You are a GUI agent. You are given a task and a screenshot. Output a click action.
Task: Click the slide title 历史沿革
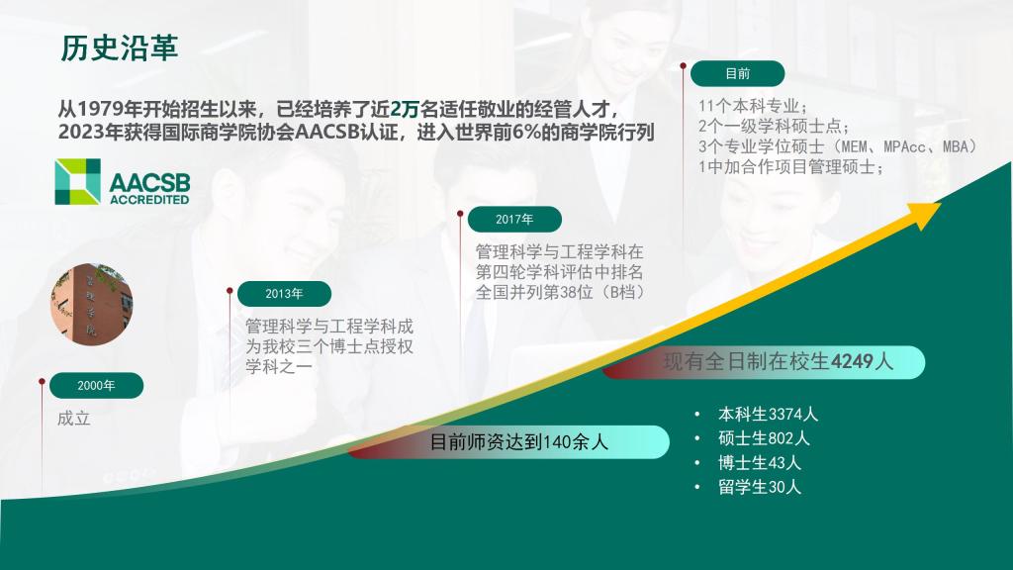tap(119, 47)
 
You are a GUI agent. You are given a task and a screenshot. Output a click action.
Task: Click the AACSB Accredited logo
tap(123, 182)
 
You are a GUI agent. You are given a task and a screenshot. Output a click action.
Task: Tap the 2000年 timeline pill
tap(96, 385)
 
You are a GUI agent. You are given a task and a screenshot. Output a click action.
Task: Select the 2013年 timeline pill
tap(284, 293)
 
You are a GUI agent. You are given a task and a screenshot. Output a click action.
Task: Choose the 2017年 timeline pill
tap(514, 219)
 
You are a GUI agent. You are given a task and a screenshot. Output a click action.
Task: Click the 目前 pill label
tap(737, 73)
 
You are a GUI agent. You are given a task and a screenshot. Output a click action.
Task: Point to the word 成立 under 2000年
tap(73, 419)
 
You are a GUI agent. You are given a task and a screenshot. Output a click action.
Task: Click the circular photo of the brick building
tap(92, 304)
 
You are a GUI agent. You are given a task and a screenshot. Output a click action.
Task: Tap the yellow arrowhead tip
tap(941, 204)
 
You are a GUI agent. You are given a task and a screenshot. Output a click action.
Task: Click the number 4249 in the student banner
tap(853, 361)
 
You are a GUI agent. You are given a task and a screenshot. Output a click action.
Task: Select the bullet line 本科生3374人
tap(768, 414)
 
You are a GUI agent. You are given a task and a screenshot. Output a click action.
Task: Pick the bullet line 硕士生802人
tap(764, 438)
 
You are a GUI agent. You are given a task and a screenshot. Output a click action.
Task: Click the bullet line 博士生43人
tap(759, 463)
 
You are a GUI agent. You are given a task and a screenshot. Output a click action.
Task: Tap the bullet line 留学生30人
tap(759, 487)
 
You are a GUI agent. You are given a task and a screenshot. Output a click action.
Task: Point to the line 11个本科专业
tap(753, 106)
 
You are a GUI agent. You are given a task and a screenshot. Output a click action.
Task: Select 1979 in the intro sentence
tap(99, 109)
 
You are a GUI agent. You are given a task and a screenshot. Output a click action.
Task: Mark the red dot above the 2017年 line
tap(460, 214)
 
